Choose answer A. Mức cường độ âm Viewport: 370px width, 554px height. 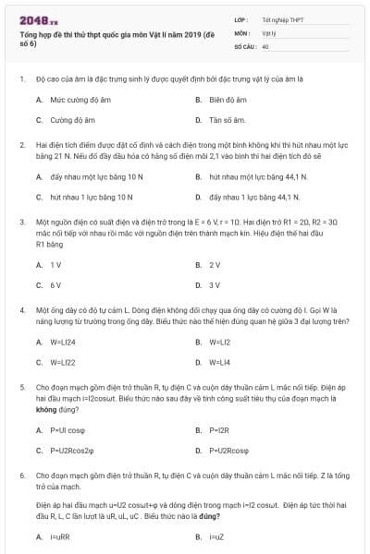click(x=70, y=99)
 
